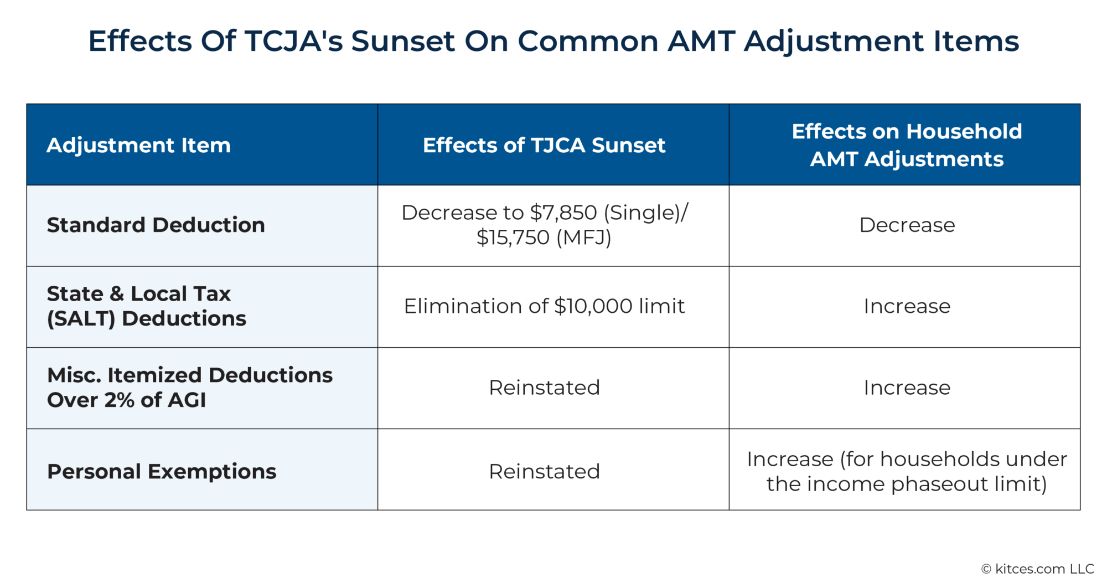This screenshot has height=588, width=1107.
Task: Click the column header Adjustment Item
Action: tap(138, 145)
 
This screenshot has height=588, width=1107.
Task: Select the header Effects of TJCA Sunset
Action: tap(544, 145)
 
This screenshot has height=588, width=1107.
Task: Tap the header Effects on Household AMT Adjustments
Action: tap(906, 145)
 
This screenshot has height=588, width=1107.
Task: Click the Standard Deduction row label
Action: tap(156, 225)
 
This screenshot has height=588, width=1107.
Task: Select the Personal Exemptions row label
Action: tap(162, 471)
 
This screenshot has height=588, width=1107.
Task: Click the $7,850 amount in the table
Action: tap(563, 213)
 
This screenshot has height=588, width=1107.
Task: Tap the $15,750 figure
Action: tap(513, 238)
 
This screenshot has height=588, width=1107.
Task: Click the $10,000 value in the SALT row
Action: tap(593, 306)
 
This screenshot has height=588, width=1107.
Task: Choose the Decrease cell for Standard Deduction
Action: tap(907, 225)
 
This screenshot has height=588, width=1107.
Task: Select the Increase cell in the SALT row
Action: tap(907, 306)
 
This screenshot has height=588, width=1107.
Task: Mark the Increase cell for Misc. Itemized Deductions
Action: tap(907, 388)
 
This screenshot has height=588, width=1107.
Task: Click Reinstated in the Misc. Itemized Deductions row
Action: tap(544, 388)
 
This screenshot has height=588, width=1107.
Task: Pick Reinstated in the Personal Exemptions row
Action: tap(544, 472)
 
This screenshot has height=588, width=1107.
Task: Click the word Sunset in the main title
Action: tap(402, 41)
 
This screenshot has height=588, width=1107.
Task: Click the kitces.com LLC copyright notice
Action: tap(1037, 569)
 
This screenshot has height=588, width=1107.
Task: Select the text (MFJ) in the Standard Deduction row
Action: tap(583, 238)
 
